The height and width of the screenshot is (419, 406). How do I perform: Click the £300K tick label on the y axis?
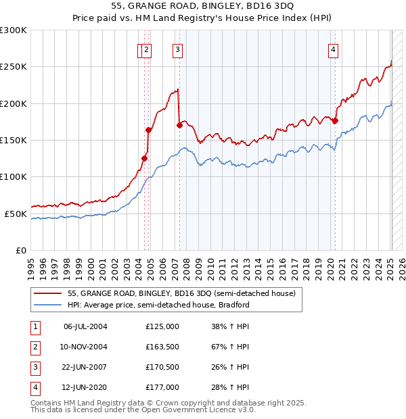point(14,30)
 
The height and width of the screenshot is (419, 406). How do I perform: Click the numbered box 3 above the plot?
point(177,49)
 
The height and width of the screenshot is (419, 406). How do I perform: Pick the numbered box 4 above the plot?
point(334,49)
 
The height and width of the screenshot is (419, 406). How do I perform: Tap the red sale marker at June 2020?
point(335,121)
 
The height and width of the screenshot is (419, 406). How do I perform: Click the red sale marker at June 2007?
point(179,125)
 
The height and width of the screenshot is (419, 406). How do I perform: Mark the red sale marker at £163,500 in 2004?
point(148,130)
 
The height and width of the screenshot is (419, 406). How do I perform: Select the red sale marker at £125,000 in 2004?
point(144,158)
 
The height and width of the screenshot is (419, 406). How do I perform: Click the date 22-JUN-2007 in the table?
point(85,368)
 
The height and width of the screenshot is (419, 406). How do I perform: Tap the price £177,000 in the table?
point(162,387)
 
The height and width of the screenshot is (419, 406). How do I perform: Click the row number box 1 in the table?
point(34,327)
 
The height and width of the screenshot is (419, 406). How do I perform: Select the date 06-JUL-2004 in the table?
point(85,326)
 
